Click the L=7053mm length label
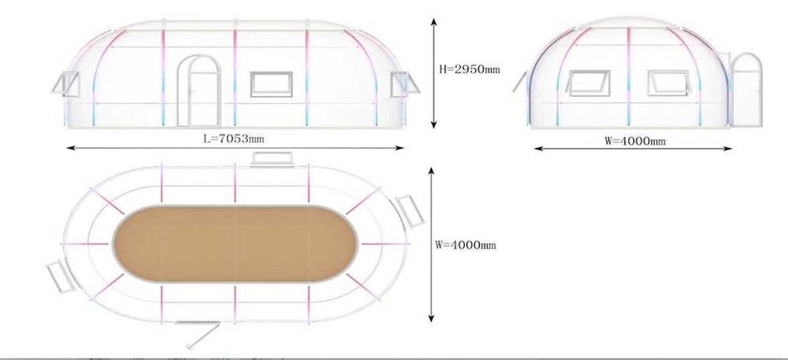(x=233, y=139)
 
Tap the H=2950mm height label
(x=470, y=69)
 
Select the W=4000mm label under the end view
(x=634, y=141)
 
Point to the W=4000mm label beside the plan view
(x=466, y=245)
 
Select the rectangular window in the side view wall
(x=271, y=84)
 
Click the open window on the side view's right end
(x=405, y=84)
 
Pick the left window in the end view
(x=589, y=83)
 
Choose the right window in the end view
(x=669, y=83)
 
